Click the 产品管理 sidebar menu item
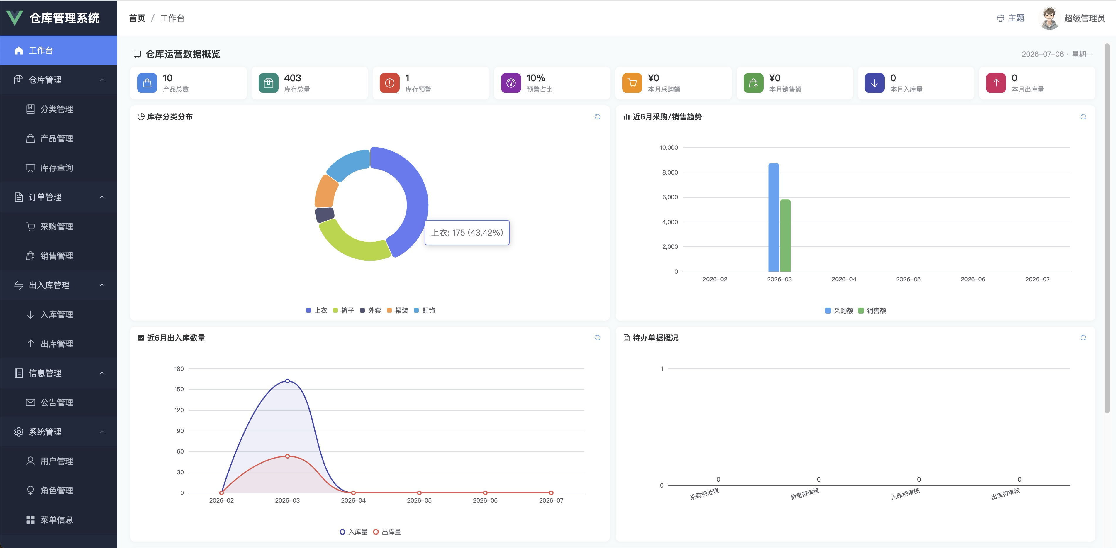[56, 138]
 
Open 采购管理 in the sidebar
[56, 226]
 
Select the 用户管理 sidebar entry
[56, 461]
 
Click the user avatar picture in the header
[1049, 18]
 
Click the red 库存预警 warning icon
[389, 83]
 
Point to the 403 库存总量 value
[292, 78]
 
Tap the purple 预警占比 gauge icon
[511, 83]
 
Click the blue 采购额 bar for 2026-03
[773, 218]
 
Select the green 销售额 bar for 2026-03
[785, 236]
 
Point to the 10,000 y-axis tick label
[669, 147]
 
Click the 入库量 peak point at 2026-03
[287, 381]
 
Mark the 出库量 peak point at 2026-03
[287, 456]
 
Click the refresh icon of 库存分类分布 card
[597, 117]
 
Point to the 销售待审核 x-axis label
[805, 494]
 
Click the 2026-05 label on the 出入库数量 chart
[419, 500]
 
